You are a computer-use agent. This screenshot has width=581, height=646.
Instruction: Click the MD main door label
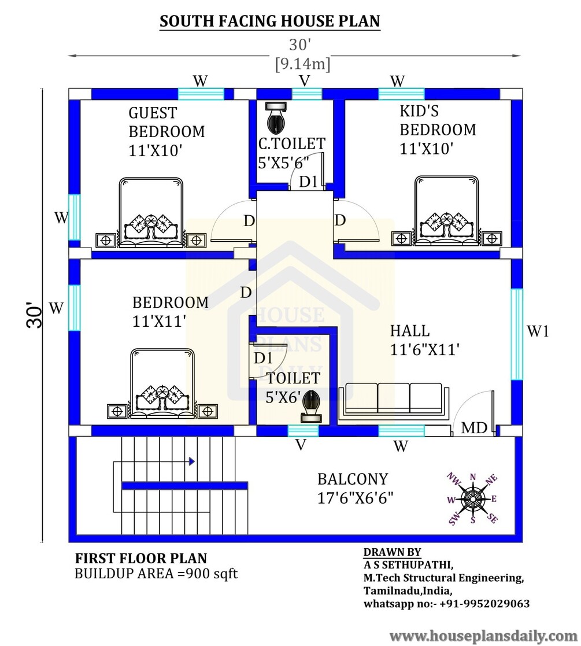[x=474, y=429]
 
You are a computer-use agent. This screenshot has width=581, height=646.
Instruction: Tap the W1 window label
[x=538, y=331]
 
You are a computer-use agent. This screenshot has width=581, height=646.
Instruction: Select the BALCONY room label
[x=353, y=479]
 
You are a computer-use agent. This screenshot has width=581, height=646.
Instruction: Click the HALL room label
[x=410, y=331]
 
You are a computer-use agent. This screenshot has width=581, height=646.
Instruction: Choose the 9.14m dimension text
[x=302, y=64]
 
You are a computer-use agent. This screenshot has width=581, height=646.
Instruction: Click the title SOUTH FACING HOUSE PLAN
[x=269, y=22]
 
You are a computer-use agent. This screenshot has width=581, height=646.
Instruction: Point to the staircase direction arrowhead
[x=191, y=462]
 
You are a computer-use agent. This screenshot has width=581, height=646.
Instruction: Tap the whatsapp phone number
[x=446, y=604]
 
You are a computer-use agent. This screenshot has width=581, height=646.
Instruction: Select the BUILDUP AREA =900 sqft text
[x=156, y=574]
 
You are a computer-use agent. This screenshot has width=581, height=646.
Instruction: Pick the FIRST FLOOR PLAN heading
[x=141, y=559]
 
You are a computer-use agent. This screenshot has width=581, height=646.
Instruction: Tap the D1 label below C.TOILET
[x=308, y=182]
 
